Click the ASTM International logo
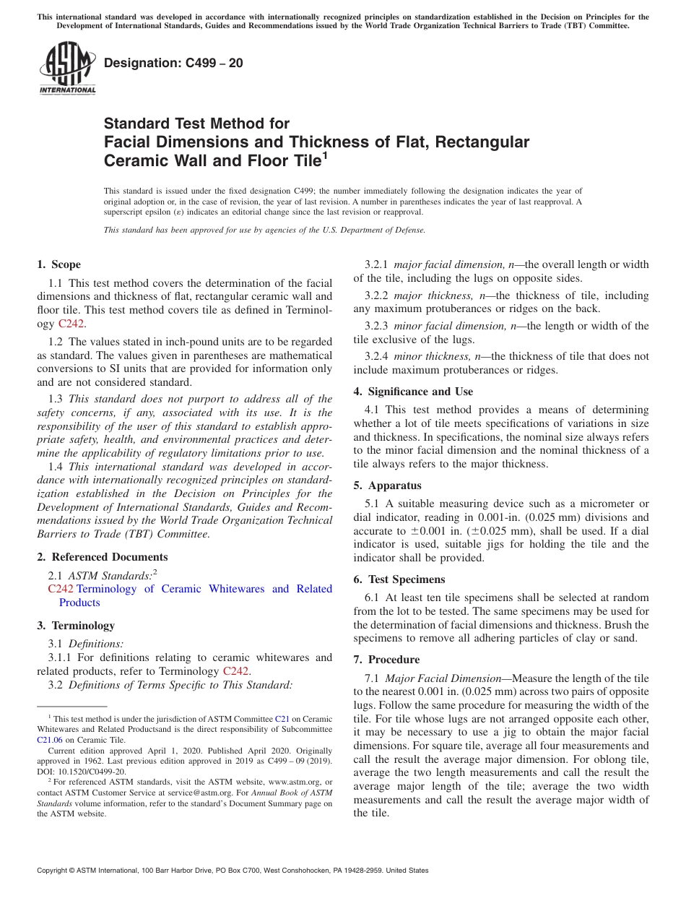tap(66, 69)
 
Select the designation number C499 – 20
tap(173, 64)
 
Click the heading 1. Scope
tap(59, 264)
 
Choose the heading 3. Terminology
tap(76, 625)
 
